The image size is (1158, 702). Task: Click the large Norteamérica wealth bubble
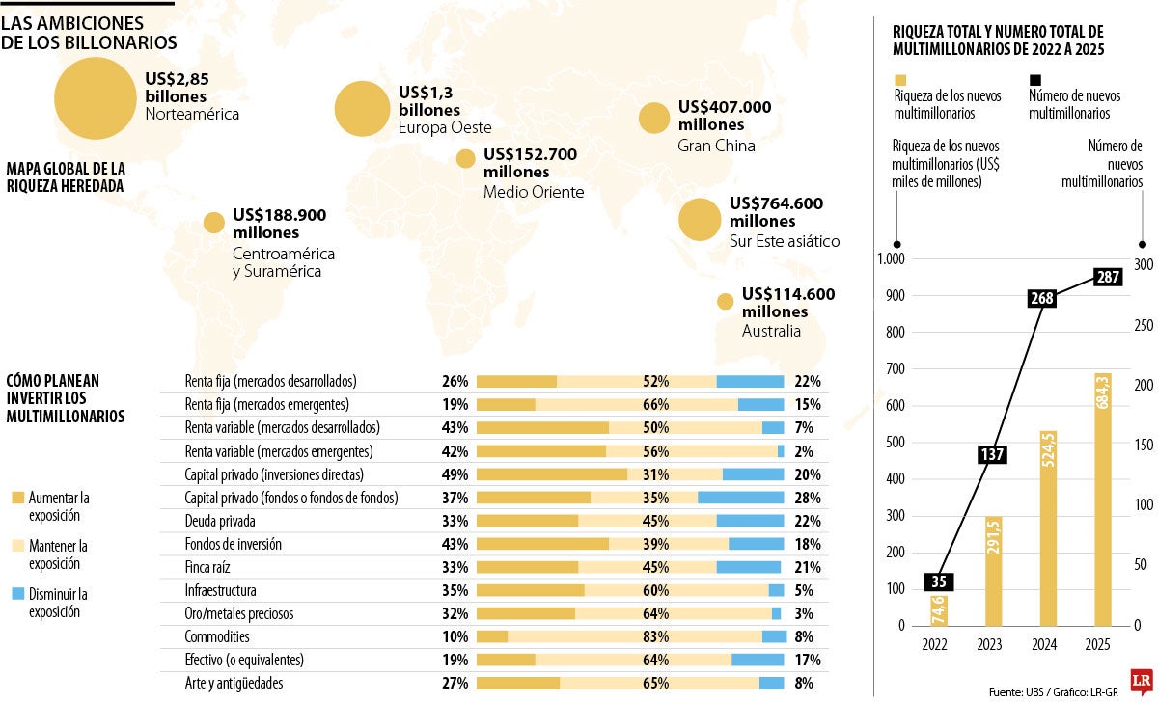(96, 97)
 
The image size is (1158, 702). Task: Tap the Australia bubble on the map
(725, 302)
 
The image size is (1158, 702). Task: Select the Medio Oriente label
(533, 192)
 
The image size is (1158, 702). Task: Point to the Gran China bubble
(654, 119)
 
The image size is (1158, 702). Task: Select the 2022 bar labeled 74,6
(938, 610)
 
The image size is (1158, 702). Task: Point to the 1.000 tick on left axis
(888, 259)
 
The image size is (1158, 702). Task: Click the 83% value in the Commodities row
(655, 636)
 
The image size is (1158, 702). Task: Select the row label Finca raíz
(208, 567)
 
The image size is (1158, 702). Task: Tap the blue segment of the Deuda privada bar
(750, 521)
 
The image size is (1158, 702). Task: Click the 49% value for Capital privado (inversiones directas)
(454, 474)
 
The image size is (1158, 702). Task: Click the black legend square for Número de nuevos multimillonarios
(1035, 80)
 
